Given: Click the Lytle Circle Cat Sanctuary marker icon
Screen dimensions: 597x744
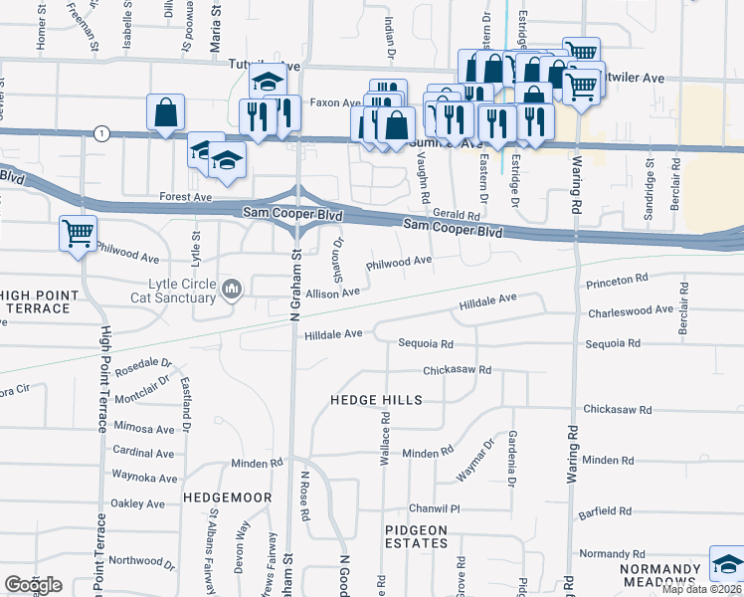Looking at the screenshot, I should [233, 289].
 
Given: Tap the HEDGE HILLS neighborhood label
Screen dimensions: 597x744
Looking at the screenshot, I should [376, 400].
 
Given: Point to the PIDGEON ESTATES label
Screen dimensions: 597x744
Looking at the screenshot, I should [416, 536].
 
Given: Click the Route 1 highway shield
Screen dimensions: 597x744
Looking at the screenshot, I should [100, 132].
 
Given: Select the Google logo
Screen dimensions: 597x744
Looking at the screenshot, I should [33, 585].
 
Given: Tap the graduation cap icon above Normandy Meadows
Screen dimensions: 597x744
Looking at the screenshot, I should [727, 564].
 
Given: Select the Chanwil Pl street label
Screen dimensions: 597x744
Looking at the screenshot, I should [441, 507].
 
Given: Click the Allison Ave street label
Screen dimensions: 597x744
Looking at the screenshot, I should [332, 294].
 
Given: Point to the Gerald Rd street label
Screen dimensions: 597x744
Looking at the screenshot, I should [457, 215].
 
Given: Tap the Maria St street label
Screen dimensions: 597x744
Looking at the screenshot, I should [216, 20].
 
